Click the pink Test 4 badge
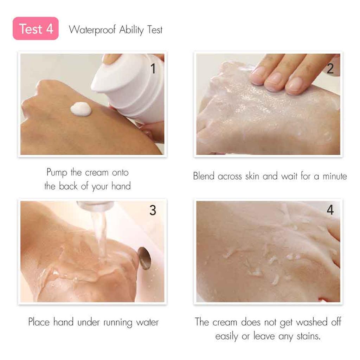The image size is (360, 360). (x=36, y=29)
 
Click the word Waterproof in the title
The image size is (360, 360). (x=92, y=30)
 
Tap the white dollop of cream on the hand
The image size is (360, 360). (x=81, y=109)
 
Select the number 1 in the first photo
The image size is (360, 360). (x=153, y=69)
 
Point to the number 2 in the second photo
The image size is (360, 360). (x=330, y=69)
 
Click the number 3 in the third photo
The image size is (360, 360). (x=153, y=210)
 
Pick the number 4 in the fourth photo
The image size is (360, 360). (x=330, y=210)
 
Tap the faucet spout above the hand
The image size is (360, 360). (x=95, y=206)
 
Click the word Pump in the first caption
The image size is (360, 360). (x=57, y=173)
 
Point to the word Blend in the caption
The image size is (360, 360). (x=204, y=176)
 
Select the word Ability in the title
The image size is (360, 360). (x=131, y=30)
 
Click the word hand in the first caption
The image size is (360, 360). (x=121, y=186)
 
